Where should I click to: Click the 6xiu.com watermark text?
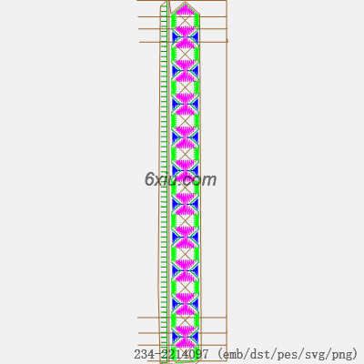pyautogui.click(x=181, y=179)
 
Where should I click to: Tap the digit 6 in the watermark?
pyautogui.click(x=150, y=179)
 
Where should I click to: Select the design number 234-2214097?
pyautogui.click(x=171, y=354)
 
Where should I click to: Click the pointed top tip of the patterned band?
pyautogui.click(x=185, y=2)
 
